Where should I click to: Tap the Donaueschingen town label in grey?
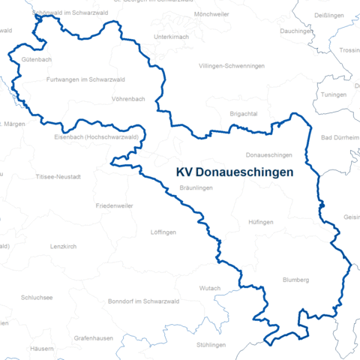(268, 154)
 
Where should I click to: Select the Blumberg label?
(295, 280)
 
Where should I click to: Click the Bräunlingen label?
(197, 187)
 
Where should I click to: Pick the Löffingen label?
(163, 232)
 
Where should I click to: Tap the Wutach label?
(210, 288)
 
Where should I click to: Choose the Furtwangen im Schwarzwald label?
(85, 79)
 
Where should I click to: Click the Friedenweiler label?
(114, 205)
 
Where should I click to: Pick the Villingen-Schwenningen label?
(232, 66)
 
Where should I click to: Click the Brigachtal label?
(244, 113)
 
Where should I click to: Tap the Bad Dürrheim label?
(340, 137)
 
